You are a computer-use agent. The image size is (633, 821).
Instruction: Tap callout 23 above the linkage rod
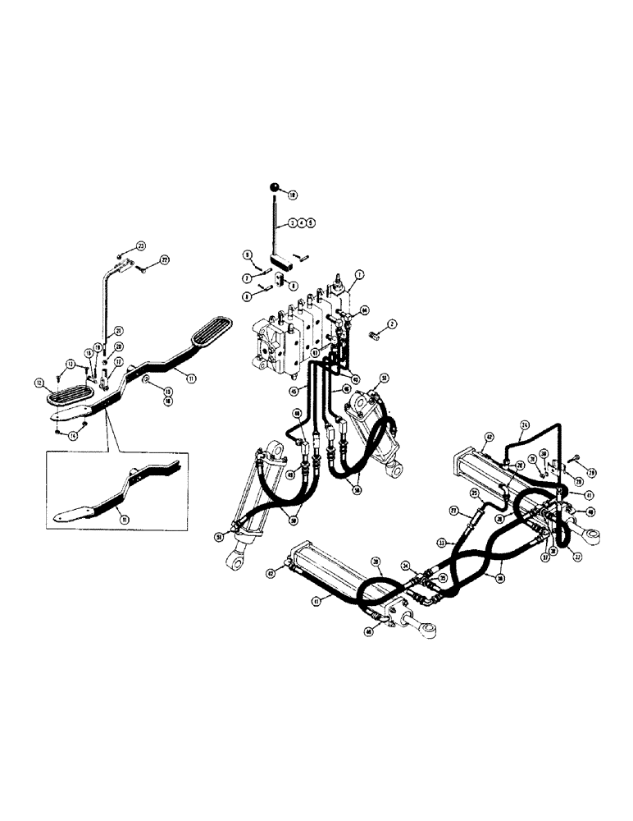[140, 246]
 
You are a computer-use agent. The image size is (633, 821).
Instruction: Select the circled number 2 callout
[393, 325]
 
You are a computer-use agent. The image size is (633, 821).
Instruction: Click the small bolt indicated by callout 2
[378, 333]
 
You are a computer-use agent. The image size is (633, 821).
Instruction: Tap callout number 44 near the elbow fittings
[364, 310]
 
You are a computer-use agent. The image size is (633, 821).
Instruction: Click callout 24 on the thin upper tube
[525, 425]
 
